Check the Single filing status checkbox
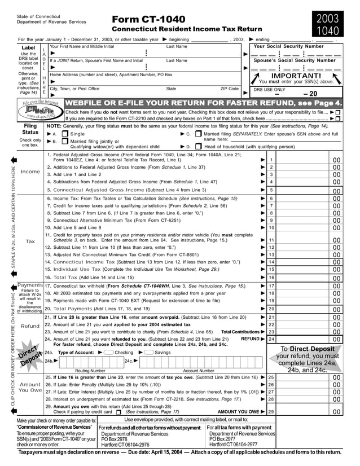click(65, 134)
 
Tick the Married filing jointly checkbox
click(65, 142)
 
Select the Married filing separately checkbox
click(198, 134)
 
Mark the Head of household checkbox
click(198, 146)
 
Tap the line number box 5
click(271, 190)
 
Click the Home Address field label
click(111, 74)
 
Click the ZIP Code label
click(229, 89)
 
